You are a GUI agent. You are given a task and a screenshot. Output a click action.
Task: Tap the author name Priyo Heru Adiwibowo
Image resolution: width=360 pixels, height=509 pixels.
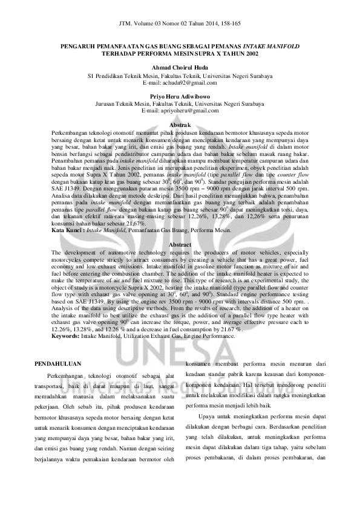180,96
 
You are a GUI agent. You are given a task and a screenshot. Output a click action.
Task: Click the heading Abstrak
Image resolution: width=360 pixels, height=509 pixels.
180,124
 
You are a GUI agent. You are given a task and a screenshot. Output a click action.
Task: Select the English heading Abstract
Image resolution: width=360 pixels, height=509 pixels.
180,261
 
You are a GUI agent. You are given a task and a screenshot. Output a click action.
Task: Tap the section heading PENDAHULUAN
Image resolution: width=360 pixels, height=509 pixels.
58,365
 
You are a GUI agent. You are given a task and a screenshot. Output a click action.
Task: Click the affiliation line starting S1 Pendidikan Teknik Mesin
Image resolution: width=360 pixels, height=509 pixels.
180,76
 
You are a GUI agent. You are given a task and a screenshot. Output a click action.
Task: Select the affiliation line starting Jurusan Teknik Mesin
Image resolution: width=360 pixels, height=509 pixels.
180,103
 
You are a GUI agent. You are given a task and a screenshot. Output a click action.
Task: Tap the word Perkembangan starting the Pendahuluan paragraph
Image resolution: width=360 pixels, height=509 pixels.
67,377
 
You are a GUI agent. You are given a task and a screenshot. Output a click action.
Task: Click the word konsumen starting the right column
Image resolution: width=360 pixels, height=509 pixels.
200,365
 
